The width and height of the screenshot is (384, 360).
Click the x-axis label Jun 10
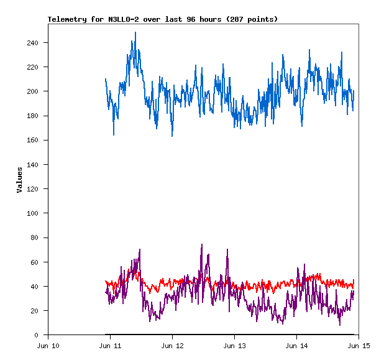point(48,346)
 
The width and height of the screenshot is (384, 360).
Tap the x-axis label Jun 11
point(111,346)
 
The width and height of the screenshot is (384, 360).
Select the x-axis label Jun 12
point(173,346)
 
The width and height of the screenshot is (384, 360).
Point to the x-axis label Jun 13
point(235,346)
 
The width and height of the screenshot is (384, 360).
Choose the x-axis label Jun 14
point(297,346)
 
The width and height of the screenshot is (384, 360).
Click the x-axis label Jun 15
point(359,346)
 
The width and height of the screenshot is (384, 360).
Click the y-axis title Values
point(19,180)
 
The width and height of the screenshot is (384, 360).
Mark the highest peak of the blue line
point(135,32)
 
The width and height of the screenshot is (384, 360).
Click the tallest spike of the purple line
point(201,245)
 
